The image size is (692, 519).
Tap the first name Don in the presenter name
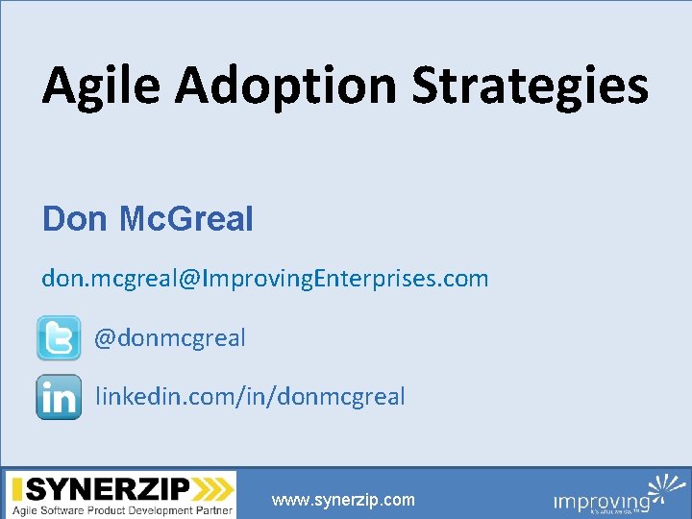point(75,219)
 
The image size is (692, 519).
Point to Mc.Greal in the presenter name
point(186,219)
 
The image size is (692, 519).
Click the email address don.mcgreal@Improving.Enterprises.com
point(265,279)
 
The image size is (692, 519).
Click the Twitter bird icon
point(59,338)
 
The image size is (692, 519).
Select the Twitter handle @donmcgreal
point(170,338)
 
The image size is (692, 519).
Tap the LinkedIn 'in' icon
point(59,397)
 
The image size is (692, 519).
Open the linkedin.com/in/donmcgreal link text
point(250,396)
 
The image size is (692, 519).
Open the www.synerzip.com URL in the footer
point(343,500)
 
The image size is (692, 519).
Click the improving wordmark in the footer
point(601,502)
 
